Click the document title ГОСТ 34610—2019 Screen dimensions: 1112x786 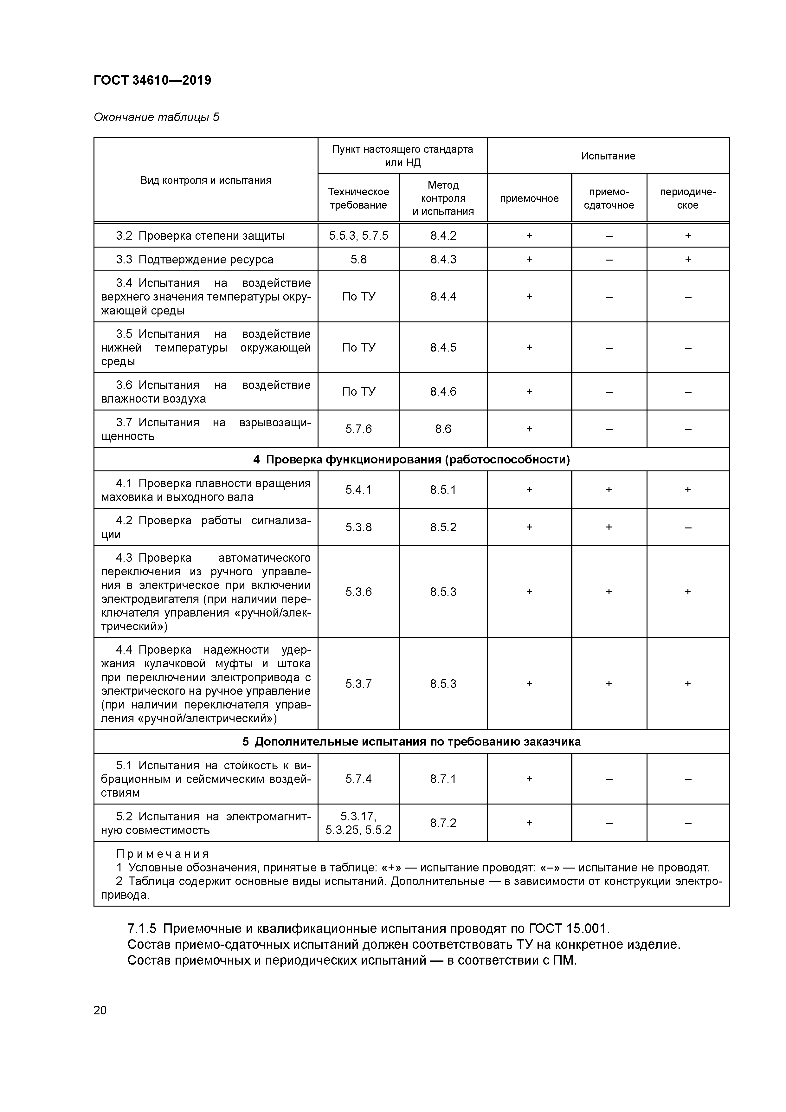[x=152, y=81]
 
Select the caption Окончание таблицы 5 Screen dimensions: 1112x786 [x=156, y=117]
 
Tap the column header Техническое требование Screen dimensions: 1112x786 [x=358, y=198]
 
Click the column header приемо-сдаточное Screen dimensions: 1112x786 [x=609, y=198]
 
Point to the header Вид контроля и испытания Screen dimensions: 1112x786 [x=206, y=180]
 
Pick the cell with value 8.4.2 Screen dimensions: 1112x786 [x=443, y=236]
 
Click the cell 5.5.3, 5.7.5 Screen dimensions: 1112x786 [x=358, y=236]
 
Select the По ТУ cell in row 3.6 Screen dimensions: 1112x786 [x=358, y=391]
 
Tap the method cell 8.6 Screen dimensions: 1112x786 [x=443, y=429]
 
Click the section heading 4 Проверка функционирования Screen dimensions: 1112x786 [x=411, y=459]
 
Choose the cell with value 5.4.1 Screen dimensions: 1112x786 [x=358, y=490]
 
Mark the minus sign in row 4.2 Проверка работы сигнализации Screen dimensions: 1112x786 [x=688, y=527]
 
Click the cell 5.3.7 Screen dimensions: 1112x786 [x=358, y=683]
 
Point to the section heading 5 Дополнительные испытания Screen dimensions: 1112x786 [x=411, y=741]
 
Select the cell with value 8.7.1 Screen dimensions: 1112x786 [x=443, y=779]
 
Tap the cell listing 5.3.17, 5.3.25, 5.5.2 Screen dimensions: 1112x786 [x=358, y=823]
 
